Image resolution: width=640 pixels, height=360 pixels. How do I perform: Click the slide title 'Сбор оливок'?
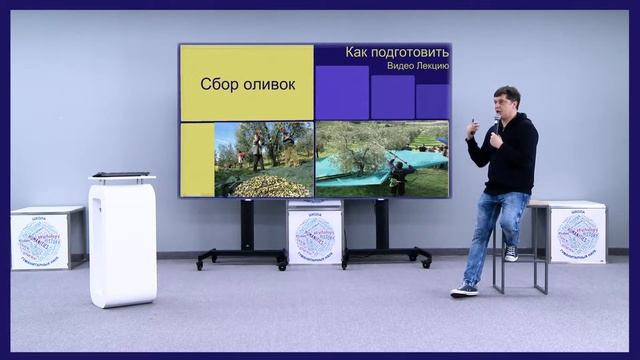[x=248, y=84]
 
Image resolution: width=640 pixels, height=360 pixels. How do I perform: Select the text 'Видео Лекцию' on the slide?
[x=417, y=66]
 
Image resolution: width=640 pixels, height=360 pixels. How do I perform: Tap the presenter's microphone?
[x=497, y=121]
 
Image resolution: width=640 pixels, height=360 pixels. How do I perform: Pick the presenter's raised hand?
[x=473, y=129]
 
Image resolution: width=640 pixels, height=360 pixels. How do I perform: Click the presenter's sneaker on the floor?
[x=464, y=290]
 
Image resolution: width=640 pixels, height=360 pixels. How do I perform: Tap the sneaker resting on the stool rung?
[x=511, y=253]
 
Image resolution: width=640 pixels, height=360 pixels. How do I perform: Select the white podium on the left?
[x=122, y=240]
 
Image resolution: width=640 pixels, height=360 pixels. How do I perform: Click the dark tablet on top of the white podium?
[x=121, y=175]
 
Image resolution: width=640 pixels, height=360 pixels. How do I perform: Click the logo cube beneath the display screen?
[x=315, y=233]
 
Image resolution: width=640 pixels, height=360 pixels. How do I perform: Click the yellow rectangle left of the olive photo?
[x=197, y=159]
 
